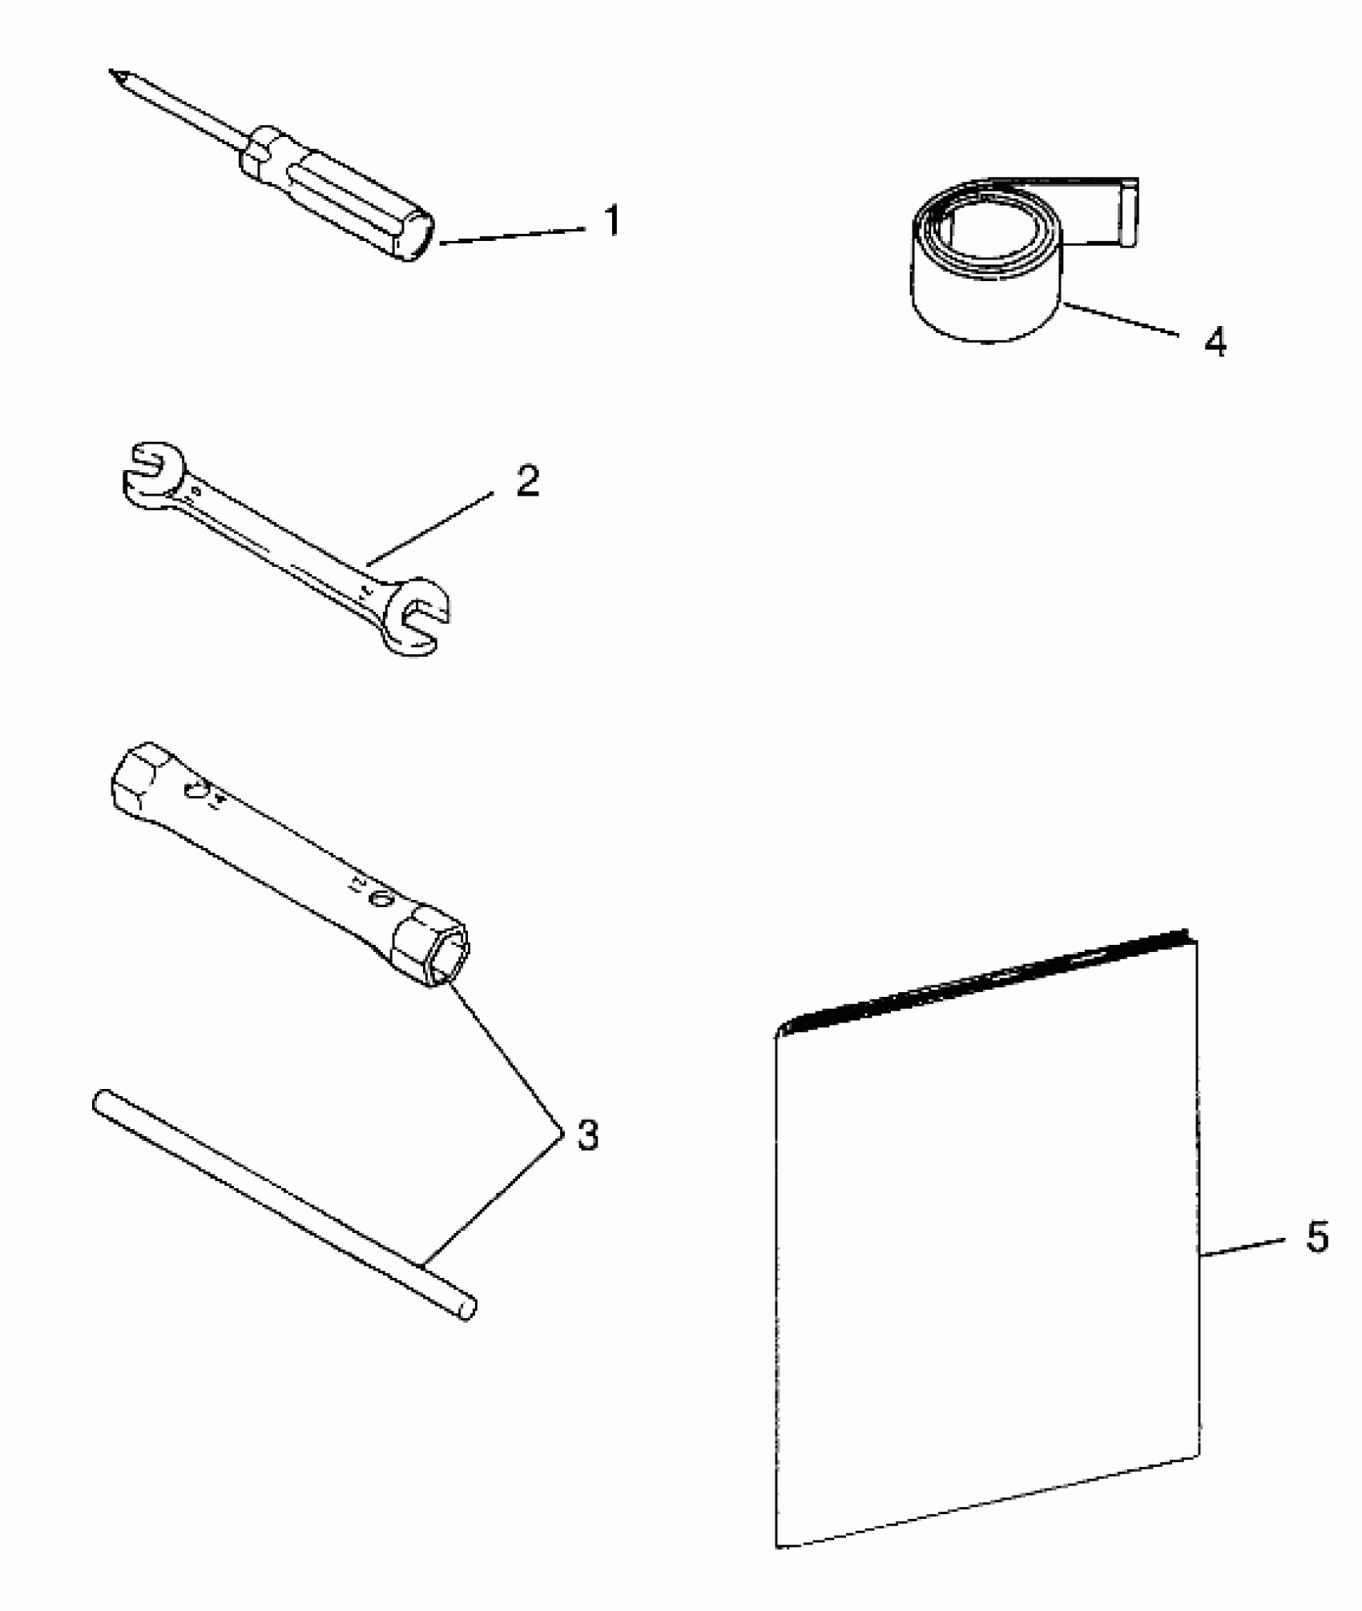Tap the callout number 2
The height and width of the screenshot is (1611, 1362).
[x=527, y=480]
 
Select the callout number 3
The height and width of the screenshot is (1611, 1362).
[x=587, y=1135]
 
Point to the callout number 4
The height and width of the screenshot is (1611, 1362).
[x=1215, y=342]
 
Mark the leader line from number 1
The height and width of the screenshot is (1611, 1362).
[x=513, y=235]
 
